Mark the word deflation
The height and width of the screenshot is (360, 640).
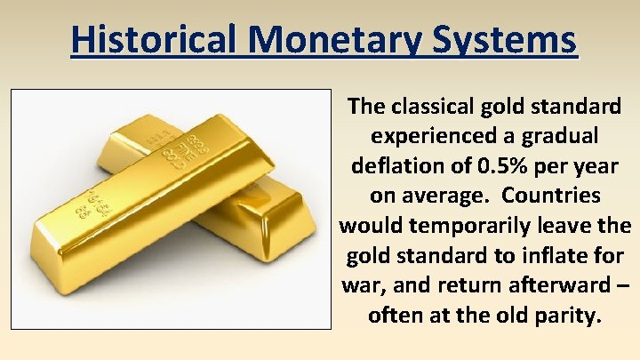(395, 166)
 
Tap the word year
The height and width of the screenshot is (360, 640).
(592, 166)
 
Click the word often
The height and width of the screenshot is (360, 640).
(395, 314)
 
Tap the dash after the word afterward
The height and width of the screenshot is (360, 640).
(621, 284)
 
